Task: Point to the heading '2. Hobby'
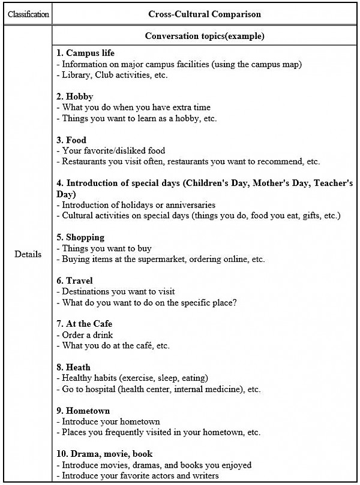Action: (x=75, y=97)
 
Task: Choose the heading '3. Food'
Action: (x=72, y=140)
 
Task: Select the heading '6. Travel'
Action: (x=75, y=281)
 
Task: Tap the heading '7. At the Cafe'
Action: (x=85, y=324)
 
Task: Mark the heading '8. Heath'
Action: (x=74, y=367)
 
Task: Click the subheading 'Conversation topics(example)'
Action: (x=205, y=36)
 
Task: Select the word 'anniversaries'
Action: (x=189, y=205)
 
